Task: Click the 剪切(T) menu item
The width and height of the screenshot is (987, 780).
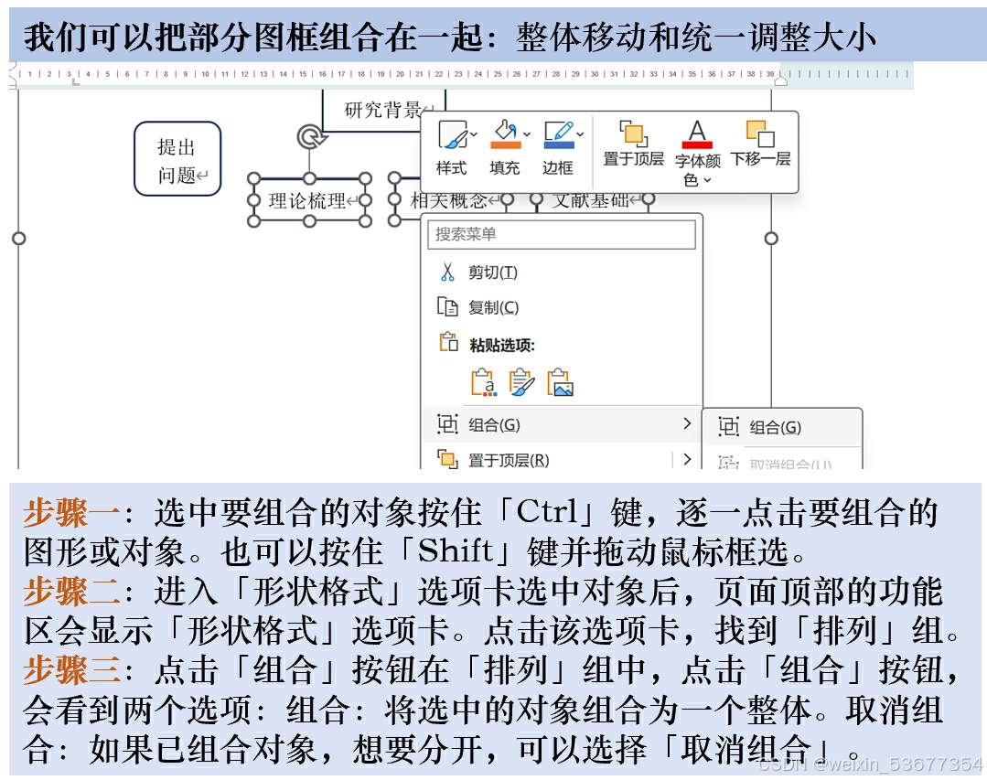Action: point(492,272)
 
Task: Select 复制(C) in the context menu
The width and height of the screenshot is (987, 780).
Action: point(492,308)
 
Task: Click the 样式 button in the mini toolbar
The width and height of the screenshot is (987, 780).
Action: point(452,147)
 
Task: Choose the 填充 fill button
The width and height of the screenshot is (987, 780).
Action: point(504,147)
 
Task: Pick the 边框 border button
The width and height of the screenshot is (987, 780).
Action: point(557,147)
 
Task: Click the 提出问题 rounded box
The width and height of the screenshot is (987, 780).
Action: point(177,159)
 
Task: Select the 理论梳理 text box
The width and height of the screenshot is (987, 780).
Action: point(309,200)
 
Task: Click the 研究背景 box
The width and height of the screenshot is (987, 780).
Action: point(383,111)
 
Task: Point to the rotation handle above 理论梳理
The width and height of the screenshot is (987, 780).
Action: point(309,137)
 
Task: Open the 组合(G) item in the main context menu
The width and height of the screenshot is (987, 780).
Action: point(494,425)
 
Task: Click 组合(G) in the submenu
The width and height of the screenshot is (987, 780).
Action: point(775,427)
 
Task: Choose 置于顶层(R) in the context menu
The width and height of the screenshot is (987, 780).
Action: point(508,460)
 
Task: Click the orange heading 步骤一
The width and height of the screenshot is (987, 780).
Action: point(71,513)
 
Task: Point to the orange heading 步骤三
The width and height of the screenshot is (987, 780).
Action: point(71,671)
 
